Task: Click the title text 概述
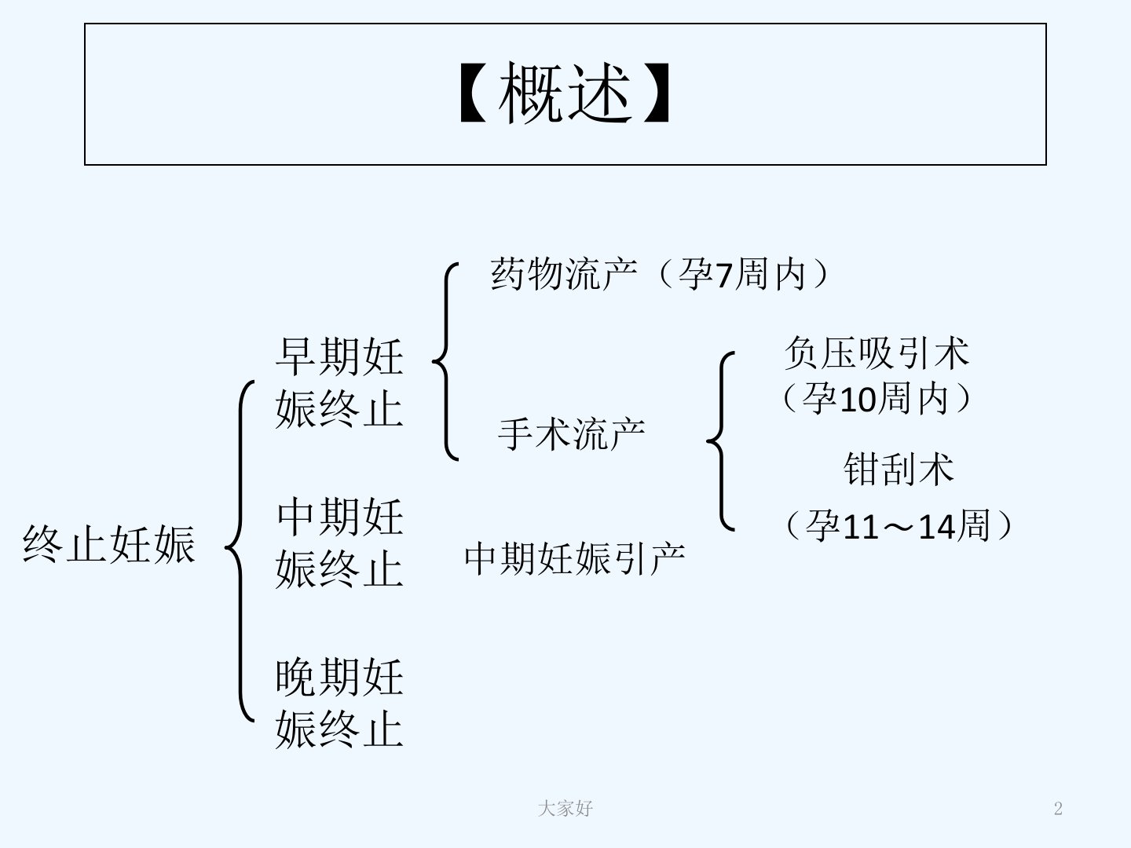tap(565, 93)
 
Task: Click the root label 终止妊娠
tap(109, 544)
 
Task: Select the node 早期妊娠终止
tap(339, 383)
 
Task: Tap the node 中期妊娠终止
tap(339, 543)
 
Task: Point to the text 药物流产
tap(564, 274)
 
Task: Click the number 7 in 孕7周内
tap(724, 276)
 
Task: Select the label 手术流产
tap(572, 434)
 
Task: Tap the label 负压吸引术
tap(877, 353)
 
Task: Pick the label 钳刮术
tap(899, 469)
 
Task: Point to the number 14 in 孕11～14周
tap(937, 527)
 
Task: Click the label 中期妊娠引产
tap(574, 558)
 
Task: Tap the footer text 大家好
tap(565, 809)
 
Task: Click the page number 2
tap(1058, 809)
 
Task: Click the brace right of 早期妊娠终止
tap(446, 361)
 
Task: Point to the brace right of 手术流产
tap(720, 441)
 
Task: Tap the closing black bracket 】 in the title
tap(657, 93)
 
